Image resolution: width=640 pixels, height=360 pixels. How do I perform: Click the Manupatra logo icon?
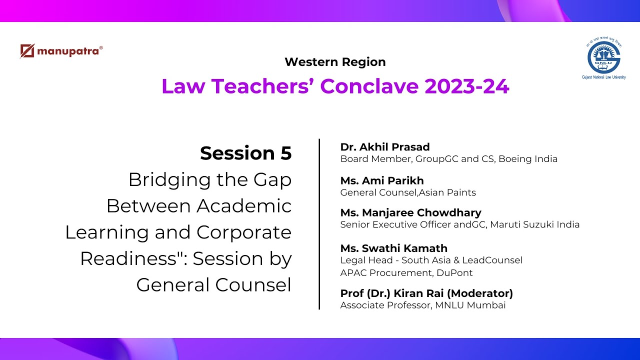pyautogui.click(x=27, y=51)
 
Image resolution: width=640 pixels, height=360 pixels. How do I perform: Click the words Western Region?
pyautogui.click(x=335, y=62)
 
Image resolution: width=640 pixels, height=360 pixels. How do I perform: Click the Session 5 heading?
pyautogui.click(x=245, y=153)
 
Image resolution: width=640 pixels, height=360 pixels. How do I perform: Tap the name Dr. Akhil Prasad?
pyautogui.click(x=385, y=147)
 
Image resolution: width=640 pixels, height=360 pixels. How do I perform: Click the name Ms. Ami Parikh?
pyautogui.click(x=382, y=180)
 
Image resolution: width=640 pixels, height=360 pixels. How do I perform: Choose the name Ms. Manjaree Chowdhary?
pyautogui.click(x=410, y=213)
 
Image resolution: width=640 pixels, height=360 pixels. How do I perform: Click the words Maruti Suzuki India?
pyautogui.click(x=534, y=225)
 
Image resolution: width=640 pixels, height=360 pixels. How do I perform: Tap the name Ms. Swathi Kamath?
pyautogui.click(x=393, y=248)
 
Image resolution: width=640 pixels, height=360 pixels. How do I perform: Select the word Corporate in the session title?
pyautogui.click(x=244, y=232)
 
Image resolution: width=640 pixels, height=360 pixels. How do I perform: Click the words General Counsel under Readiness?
pyautogui.click(x=213, y=284)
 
